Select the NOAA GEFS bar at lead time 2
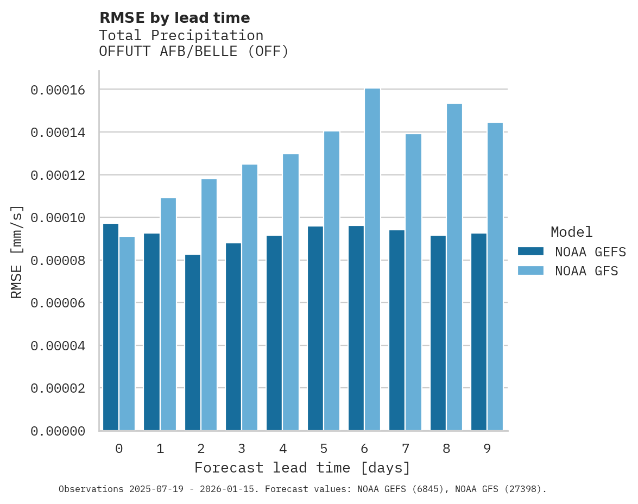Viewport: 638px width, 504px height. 193,342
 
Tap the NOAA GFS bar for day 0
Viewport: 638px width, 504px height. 127,333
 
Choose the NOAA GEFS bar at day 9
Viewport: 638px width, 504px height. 479,332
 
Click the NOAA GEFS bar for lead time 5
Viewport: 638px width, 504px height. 315,328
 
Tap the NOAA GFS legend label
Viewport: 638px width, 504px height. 586,271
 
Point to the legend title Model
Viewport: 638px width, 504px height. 571,232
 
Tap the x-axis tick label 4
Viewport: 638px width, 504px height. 282,449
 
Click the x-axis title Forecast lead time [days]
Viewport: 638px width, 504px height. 302,468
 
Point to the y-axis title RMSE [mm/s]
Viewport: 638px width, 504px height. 17,251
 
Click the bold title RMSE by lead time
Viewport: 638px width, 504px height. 175,18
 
